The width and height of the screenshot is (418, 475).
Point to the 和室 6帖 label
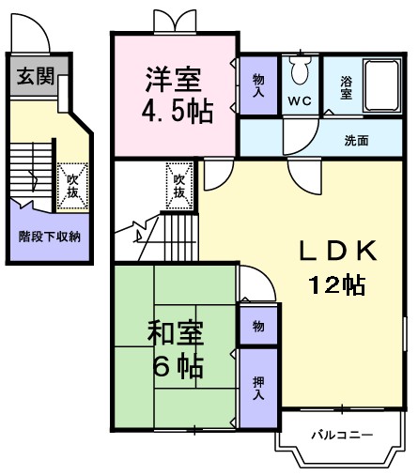point(176,349)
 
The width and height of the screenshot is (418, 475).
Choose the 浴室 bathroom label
point(346,88)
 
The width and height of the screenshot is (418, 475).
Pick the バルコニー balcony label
point(342,436)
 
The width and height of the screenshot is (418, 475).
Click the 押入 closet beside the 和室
point(258,388)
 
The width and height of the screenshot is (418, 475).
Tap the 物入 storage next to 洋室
point(258,86)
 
